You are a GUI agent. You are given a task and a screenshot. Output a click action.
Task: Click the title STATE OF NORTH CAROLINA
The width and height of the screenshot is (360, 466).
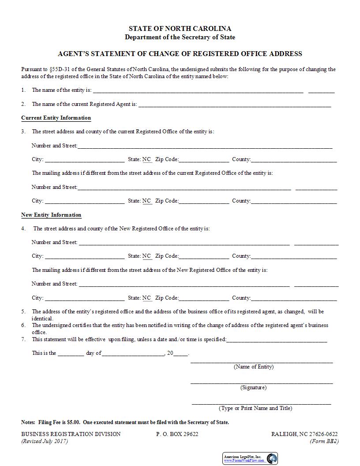point(180,29)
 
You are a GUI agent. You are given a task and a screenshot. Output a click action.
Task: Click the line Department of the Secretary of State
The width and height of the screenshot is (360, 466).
point(180,38)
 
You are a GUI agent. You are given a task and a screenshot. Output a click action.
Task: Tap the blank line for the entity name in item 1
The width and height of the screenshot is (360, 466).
point(198,91)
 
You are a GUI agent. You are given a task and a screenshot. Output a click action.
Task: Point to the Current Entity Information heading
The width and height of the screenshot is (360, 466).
point(56,118)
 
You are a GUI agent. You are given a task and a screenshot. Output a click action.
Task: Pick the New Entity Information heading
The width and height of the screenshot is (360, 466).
point(51,215)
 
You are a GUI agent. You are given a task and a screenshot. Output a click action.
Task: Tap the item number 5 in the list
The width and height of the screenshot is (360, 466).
point(23,312)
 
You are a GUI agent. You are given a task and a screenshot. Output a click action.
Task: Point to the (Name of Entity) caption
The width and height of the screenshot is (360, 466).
point(254,367)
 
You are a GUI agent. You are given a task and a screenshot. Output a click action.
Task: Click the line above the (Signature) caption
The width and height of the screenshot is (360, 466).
point(262,382)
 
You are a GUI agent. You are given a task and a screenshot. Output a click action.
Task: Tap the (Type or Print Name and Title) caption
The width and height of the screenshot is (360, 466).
point(255,409)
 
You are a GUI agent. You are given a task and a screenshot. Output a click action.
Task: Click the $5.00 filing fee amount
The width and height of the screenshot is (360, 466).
point(73,422)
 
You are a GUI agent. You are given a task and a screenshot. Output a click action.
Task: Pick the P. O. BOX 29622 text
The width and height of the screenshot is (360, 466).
point(177,434)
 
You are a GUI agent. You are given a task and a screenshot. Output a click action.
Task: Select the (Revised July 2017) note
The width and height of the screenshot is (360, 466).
point(45,441)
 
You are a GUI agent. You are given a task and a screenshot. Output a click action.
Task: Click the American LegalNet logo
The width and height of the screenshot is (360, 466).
point(250,458)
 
